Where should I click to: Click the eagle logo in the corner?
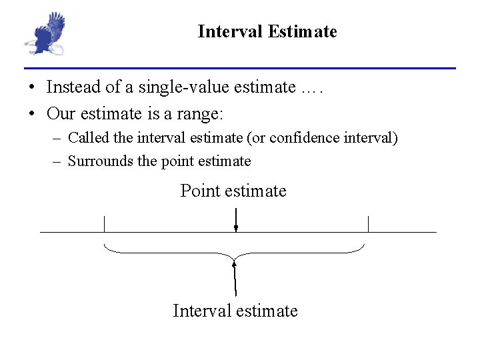[45, 33]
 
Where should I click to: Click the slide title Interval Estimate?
[267, 31]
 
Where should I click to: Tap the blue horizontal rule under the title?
[240, 68]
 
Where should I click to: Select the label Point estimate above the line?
[233, 191]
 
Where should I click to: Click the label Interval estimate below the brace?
[235, 311]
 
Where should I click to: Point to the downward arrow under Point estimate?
[235, 220]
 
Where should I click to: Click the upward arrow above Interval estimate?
[235, 277]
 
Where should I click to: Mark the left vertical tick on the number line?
[104, 223]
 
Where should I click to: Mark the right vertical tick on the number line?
[368, 223]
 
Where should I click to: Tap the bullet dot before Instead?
[31, 88]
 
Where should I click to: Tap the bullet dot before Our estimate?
[31, 115]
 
